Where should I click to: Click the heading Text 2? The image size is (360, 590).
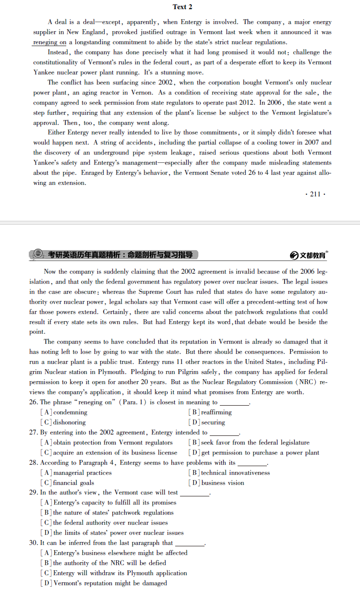click(182, 7)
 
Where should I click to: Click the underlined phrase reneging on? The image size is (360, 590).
click(49, 42)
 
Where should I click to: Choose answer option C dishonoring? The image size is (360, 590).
click(64, 422)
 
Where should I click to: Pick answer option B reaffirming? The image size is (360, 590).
click(211, 412)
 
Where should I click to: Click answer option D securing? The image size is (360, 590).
click(207, 422)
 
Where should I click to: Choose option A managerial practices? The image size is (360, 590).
click(77, 473)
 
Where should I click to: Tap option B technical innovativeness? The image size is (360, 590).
click(229, 473)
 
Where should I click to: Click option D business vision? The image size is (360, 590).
click(217, 483)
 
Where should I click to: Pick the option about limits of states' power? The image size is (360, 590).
click(113, 533)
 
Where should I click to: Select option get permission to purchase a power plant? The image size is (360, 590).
click(254, 453)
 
